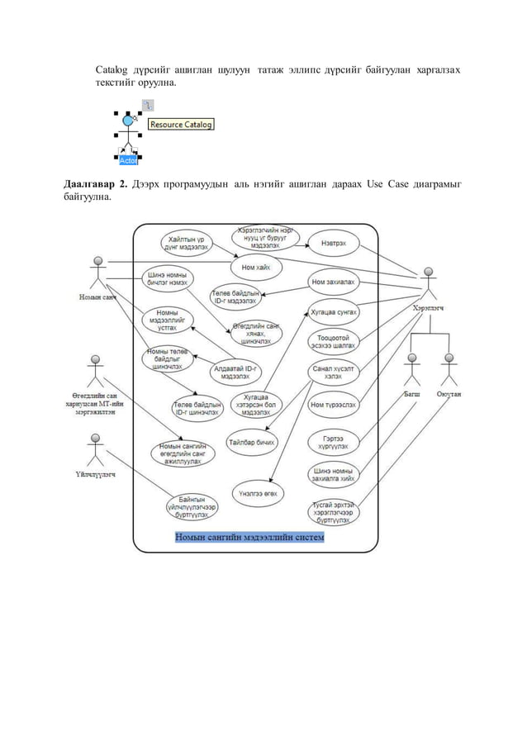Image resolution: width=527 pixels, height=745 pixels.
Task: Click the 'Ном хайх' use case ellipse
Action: tap(255, 268)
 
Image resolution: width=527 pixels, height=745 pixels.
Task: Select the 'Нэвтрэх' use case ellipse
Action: tap(333, 243)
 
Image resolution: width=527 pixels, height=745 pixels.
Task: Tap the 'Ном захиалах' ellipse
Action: tap(334, 282)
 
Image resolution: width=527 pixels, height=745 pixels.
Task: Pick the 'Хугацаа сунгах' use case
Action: tap(333, 313)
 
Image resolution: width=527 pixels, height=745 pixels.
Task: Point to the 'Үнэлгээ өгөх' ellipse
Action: tap(259, 492)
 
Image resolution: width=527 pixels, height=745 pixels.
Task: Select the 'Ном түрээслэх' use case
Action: tap(333, 405)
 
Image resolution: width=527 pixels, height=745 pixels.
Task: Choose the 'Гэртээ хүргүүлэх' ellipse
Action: tap(333, 441)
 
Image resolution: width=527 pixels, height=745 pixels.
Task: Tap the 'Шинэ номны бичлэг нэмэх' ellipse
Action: tap(167, 280)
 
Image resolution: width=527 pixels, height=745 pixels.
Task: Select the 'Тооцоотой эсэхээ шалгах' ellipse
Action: tap(333, 342)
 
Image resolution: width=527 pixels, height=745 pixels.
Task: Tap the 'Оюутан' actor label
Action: tap(449, 395)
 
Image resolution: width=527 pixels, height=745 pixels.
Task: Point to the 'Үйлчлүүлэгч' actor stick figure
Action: tap(96, 450)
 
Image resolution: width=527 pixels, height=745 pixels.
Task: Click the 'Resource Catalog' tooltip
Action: tap(181, 125)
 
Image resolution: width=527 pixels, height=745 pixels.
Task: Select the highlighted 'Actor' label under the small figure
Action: tap(128, 160)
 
